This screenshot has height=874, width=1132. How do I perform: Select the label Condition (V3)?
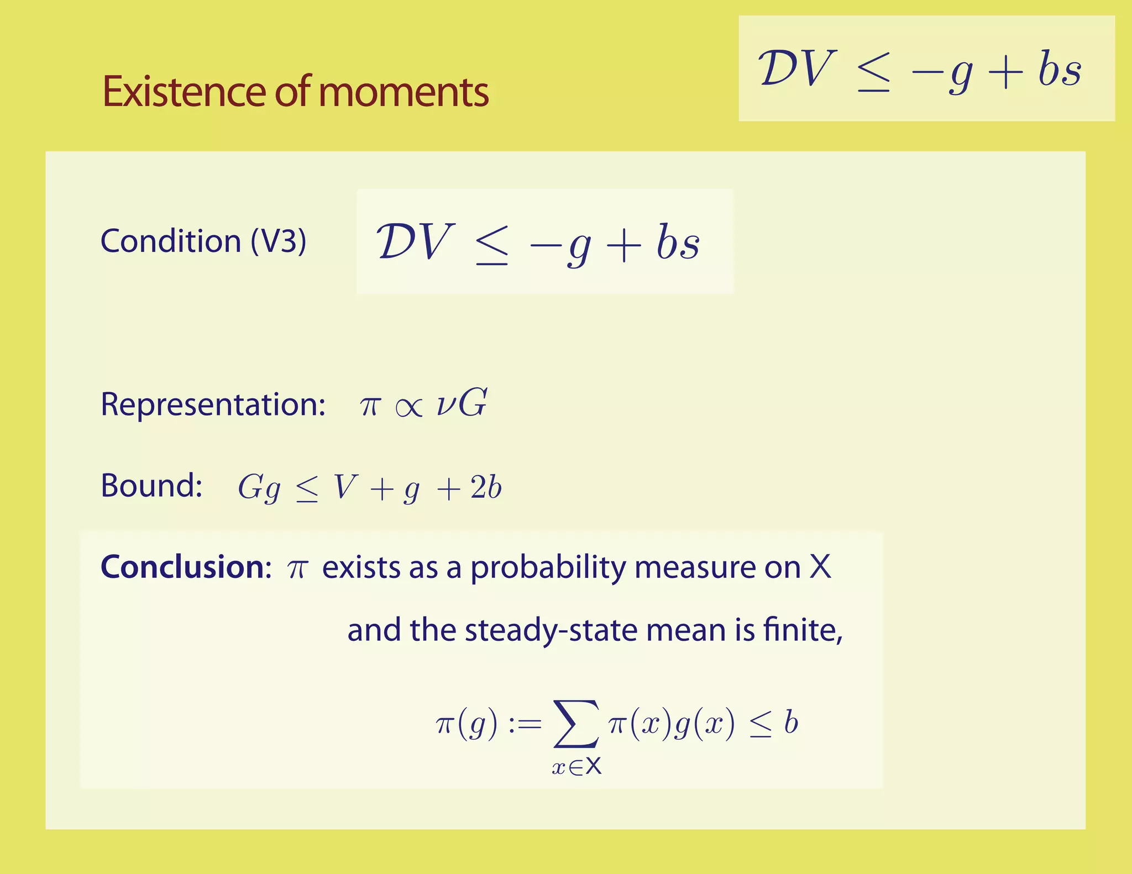click(203, 241)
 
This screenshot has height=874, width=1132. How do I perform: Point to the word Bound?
click(151, 486)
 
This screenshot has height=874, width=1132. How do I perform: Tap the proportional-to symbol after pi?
click(409, 408)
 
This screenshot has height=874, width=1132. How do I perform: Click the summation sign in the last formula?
click(575, 724)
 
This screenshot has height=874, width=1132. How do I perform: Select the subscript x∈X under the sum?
click(576, 767)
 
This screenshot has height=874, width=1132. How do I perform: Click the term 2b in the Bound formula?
click(486, 488)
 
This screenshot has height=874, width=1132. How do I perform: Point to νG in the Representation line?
click(462, 403)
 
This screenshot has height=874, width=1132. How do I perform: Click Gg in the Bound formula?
click(259, 488)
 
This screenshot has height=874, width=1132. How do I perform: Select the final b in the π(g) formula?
click(791, 723)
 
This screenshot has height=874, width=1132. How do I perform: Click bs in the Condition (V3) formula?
click(678, 243)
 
